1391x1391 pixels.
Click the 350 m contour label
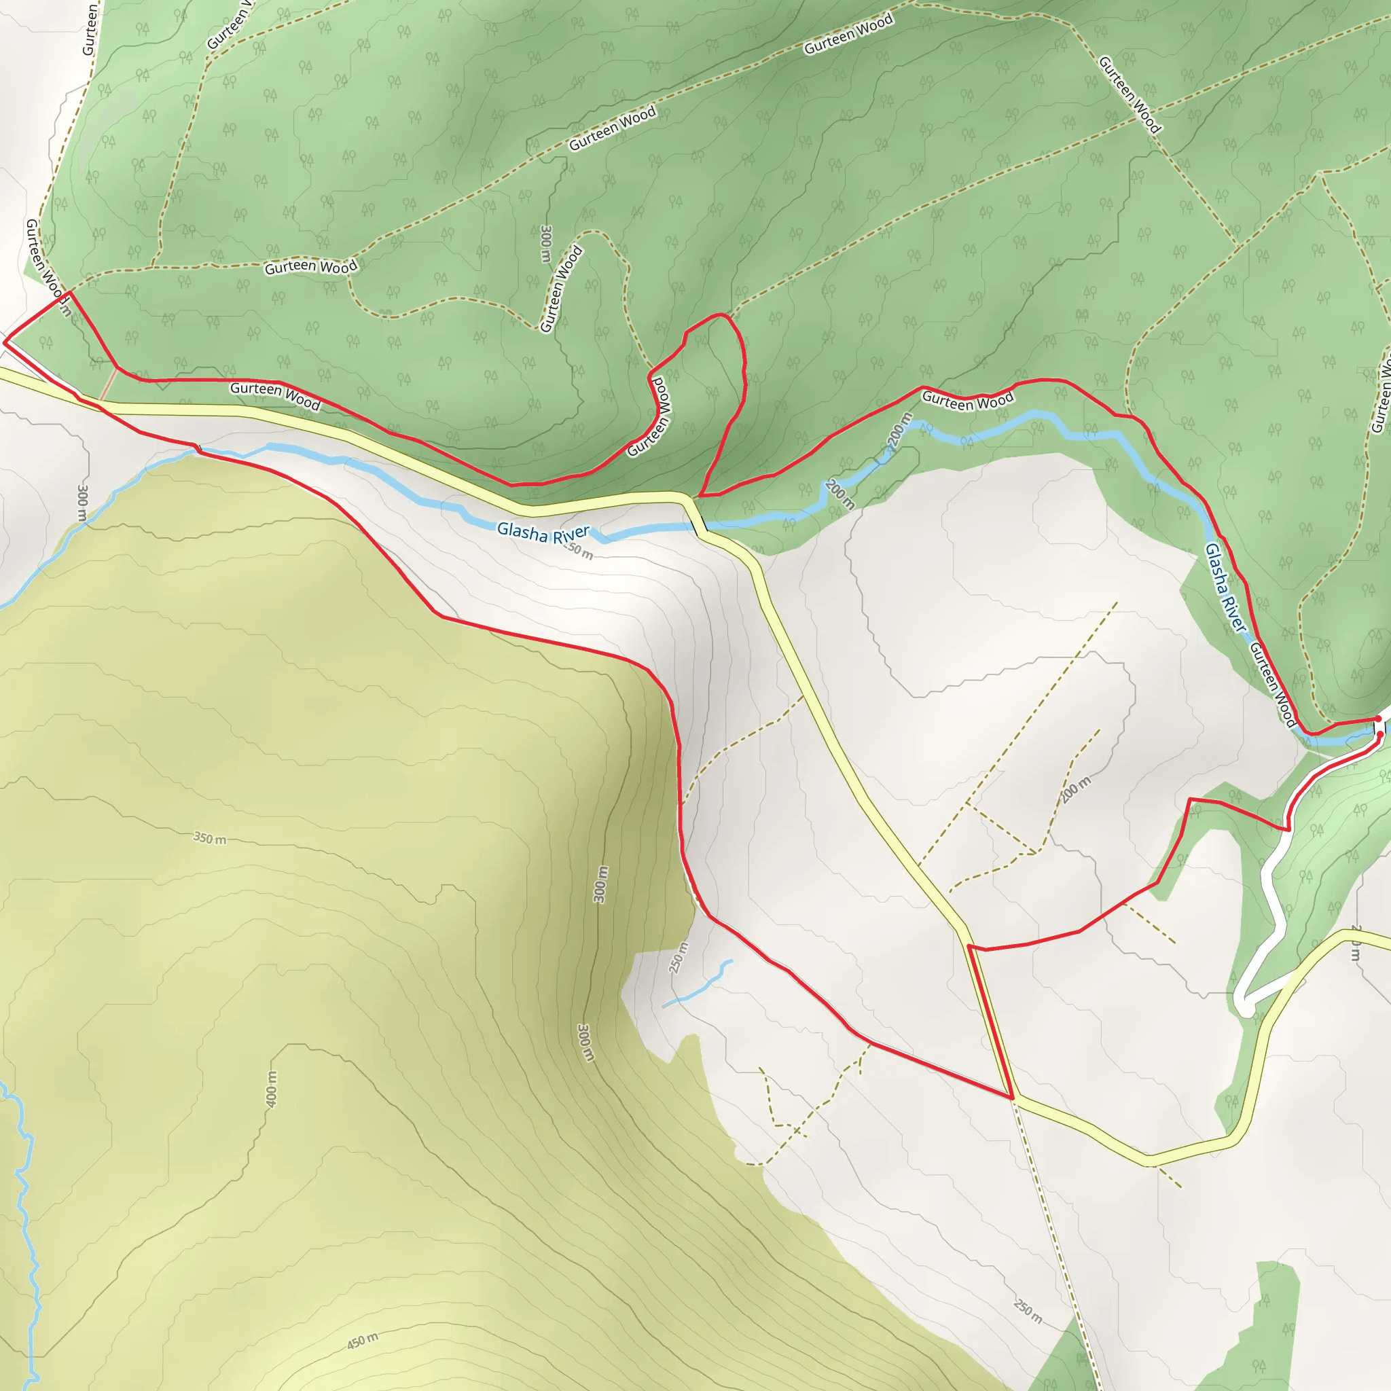coord(209,838)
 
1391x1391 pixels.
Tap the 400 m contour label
coord(271,1089)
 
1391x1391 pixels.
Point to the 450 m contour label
coord(362,1341)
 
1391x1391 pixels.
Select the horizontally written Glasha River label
coord(543,532)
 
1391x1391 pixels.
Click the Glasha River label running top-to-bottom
coord(1224,588)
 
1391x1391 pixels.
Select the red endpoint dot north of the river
coord(1378,719)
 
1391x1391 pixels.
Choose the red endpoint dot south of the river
coord(1380,734)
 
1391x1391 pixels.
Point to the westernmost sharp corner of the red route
coord(4,343)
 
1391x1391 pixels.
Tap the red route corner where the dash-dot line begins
coord(1013,1098)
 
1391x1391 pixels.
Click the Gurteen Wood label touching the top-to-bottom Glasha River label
coord(1272,684)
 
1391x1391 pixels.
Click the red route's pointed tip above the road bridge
coord(698,496)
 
